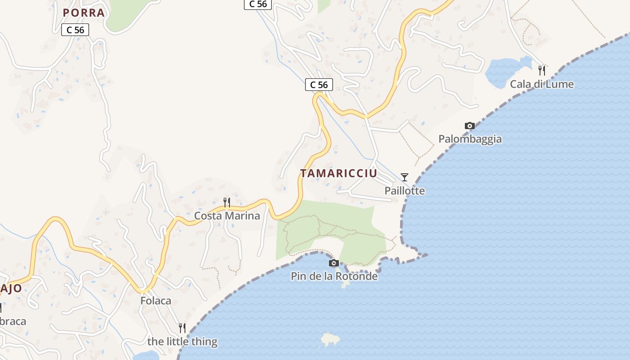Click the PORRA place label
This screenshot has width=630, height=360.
pos(84,13)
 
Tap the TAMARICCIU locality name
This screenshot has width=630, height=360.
pos(338,174)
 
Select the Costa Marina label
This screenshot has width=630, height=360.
pos(227,216)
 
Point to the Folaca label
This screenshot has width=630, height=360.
pos(156,301)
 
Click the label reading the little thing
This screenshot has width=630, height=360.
pos(182,342)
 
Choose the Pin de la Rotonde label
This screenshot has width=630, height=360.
pos(334,276)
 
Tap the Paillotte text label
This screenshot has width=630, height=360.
pos(405,191)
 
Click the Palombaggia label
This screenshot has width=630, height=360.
pos(470,139)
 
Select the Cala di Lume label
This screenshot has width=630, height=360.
pos(541,84)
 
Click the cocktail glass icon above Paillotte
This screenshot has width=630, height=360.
pos(405,177)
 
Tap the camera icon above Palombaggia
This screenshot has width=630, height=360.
pos(470,126)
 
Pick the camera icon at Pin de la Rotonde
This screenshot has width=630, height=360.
pos(334,263)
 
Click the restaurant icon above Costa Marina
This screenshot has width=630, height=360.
pos(227,202)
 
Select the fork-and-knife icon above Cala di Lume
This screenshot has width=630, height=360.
pos(542,71)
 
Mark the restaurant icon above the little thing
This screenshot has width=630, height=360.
pos(182,328)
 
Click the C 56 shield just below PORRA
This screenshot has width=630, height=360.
pos(75,30)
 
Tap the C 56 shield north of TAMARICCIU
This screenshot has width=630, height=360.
pos(319,85)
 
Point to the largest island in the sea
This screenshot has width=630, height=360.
pos(330,339)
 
